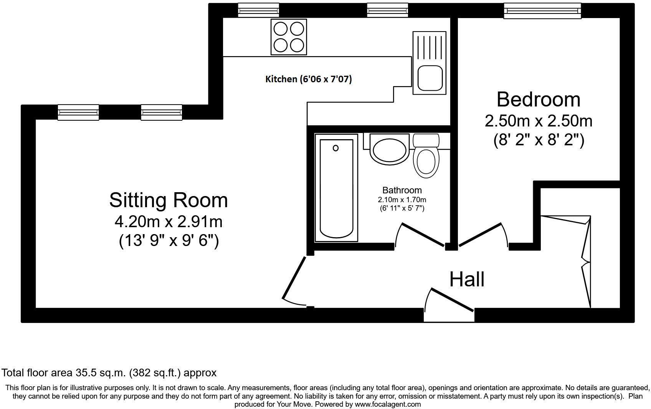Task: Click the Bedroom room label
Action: coord(538,100)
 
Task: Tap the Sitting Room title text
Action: coord(169,200)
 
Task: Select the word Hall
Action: coord(467,279)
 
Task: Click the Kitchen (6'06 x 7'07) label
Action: coord(309,79)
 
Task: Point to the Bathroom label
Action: coord(402,190)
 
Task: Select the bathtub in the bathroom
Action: coord(336,190)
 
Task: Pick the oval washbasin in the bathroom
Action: coord(389,150)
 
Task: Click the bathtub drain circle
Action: coord(335,148)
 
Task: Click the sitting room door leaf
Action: coord(294,278)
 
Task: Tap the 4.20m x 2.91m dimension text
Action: coord(169,222)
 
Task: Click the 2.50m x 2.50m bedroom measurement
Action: coord(538,121)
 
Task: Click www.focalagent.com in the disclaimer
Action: coord(388,404)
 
